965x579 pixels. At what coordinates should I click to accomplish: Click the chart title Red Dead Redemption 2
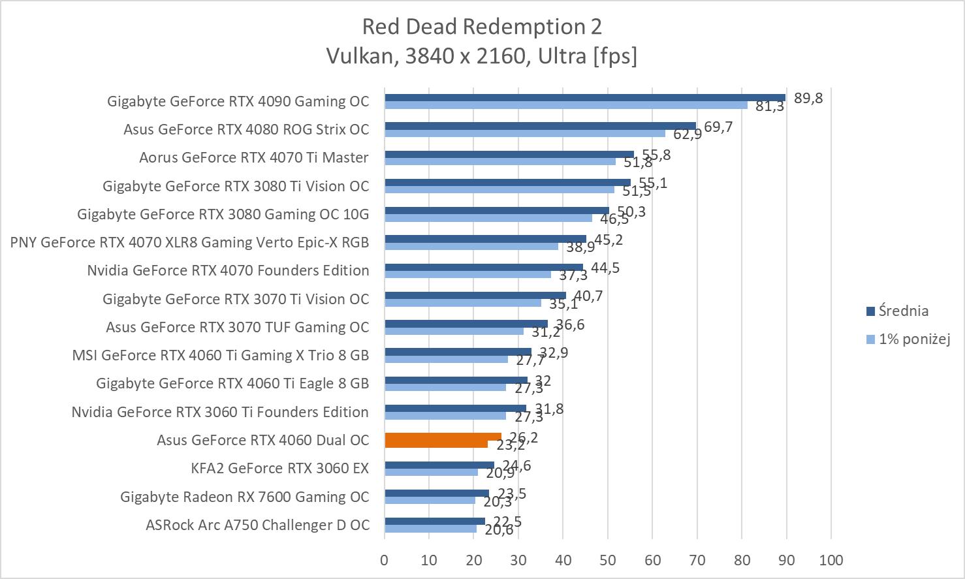(x=481, y=26)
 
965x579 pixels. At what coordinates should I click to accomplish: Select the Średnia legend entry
(x=903, y=311)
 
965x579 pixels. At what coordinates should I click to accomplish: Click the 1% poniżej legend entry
(x=913, y=339)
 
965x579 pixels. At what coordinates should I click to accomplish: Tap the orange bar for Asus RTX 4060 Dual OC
(x=443, y=440)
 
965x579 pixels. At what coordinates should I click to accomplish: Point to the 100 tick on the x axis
(x=831, y=560)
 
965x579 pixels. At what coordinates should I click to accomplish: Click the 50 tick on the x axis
(x=607, y=560)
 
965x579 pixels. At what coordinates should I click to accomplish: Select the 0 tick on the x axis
(x=385, y=560)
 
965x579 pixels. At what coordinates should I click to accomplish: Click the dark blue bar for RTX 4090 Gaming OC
(x=584, y=98)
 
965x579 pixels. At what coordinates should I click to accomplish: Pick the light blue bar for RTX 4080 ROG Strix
(x=524, y=133)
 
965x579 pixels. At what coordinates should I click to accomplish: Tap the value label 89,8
(x=808, y=98)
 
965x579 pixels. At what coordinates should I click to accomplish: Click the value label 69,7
(x=718, y=127)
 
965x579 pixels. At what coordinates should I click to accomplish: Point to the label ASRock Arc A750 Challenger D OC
(x=257, y=525)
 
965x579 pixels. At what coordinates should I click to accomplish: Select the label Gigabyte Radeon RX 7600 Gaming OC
(x=245, y=497)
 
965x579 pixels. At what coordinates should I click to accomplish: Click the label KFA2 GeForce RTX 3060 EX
(x=280, y=468)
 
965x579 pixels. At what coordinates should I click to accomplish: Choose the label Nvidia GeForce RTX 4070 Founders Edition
(x=228, y=270)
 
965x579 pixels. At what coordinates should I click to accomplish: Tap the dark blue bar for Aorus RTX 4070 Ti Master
(x=509, y=154)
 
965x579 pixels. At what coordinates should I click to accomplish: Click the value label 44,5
(x=605, y=268)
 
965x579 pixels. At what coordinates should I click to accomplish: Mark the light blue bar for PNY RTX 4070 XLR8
(x=471, y=246)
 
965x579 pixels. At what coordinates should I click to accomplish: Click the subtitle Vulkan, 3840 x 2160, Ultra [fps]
(x=481, y=56)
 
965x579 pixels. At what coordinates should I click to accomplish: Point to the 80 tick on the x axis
(x=741, y=560)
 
